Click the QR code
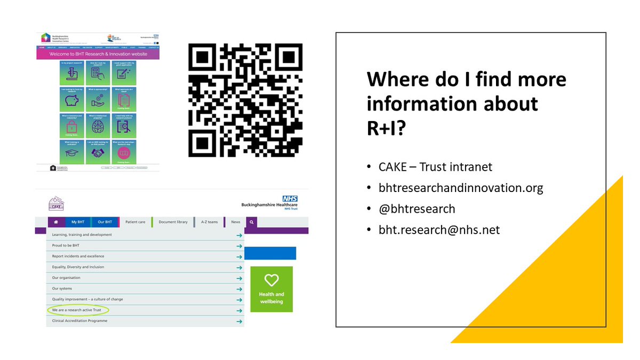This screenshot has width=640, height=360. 245,101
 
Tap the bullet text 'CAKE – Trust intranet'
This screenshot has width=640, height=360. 435,167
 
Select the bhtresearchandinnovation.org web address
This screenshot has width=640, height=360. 461,188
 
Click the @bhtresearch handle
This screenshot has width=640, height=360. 417,209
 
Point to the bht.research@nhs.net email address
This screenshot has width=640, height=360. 439,230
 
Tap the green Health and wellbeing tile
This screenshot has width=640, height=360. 271,289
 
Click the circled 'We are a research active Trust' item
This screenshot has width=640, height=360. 78,310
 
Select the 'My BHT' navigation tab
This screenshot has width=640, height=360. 78,222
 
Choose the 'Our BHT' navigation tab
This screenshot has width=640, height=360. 105,222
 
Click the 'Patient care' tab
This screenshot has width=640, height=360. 135,222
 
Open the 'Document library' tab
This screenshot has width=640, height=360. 173,222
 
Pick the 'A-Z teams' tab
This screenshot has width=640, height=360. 209,222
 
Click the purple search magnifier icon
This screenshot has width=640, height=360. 251,222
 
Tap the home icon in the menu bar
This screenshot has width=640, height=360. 55,222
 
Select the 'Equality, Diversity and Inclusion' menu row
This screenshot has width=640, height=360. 78,267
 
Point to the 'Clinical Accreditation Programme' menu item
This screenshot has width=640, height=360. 79,321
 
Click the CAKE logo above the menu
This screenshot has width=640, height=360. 57,203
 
